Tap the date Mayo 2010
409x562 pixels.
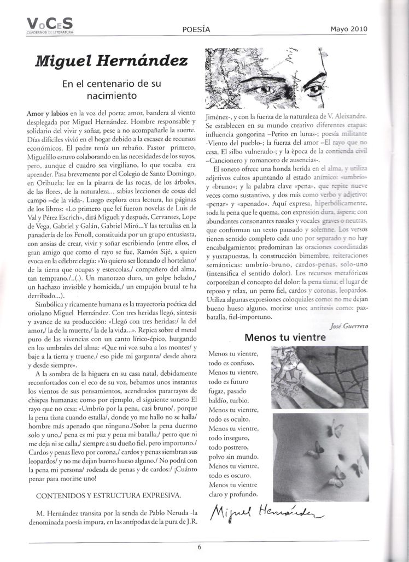pyautogui.click(x=348, y=29)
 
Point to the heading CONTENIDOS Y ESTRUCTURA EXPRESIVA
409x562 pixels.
pyautogui.click(x=108, y=495)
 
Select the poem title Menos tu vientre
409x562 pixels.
pyautogui.click(x=285, y=338)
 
